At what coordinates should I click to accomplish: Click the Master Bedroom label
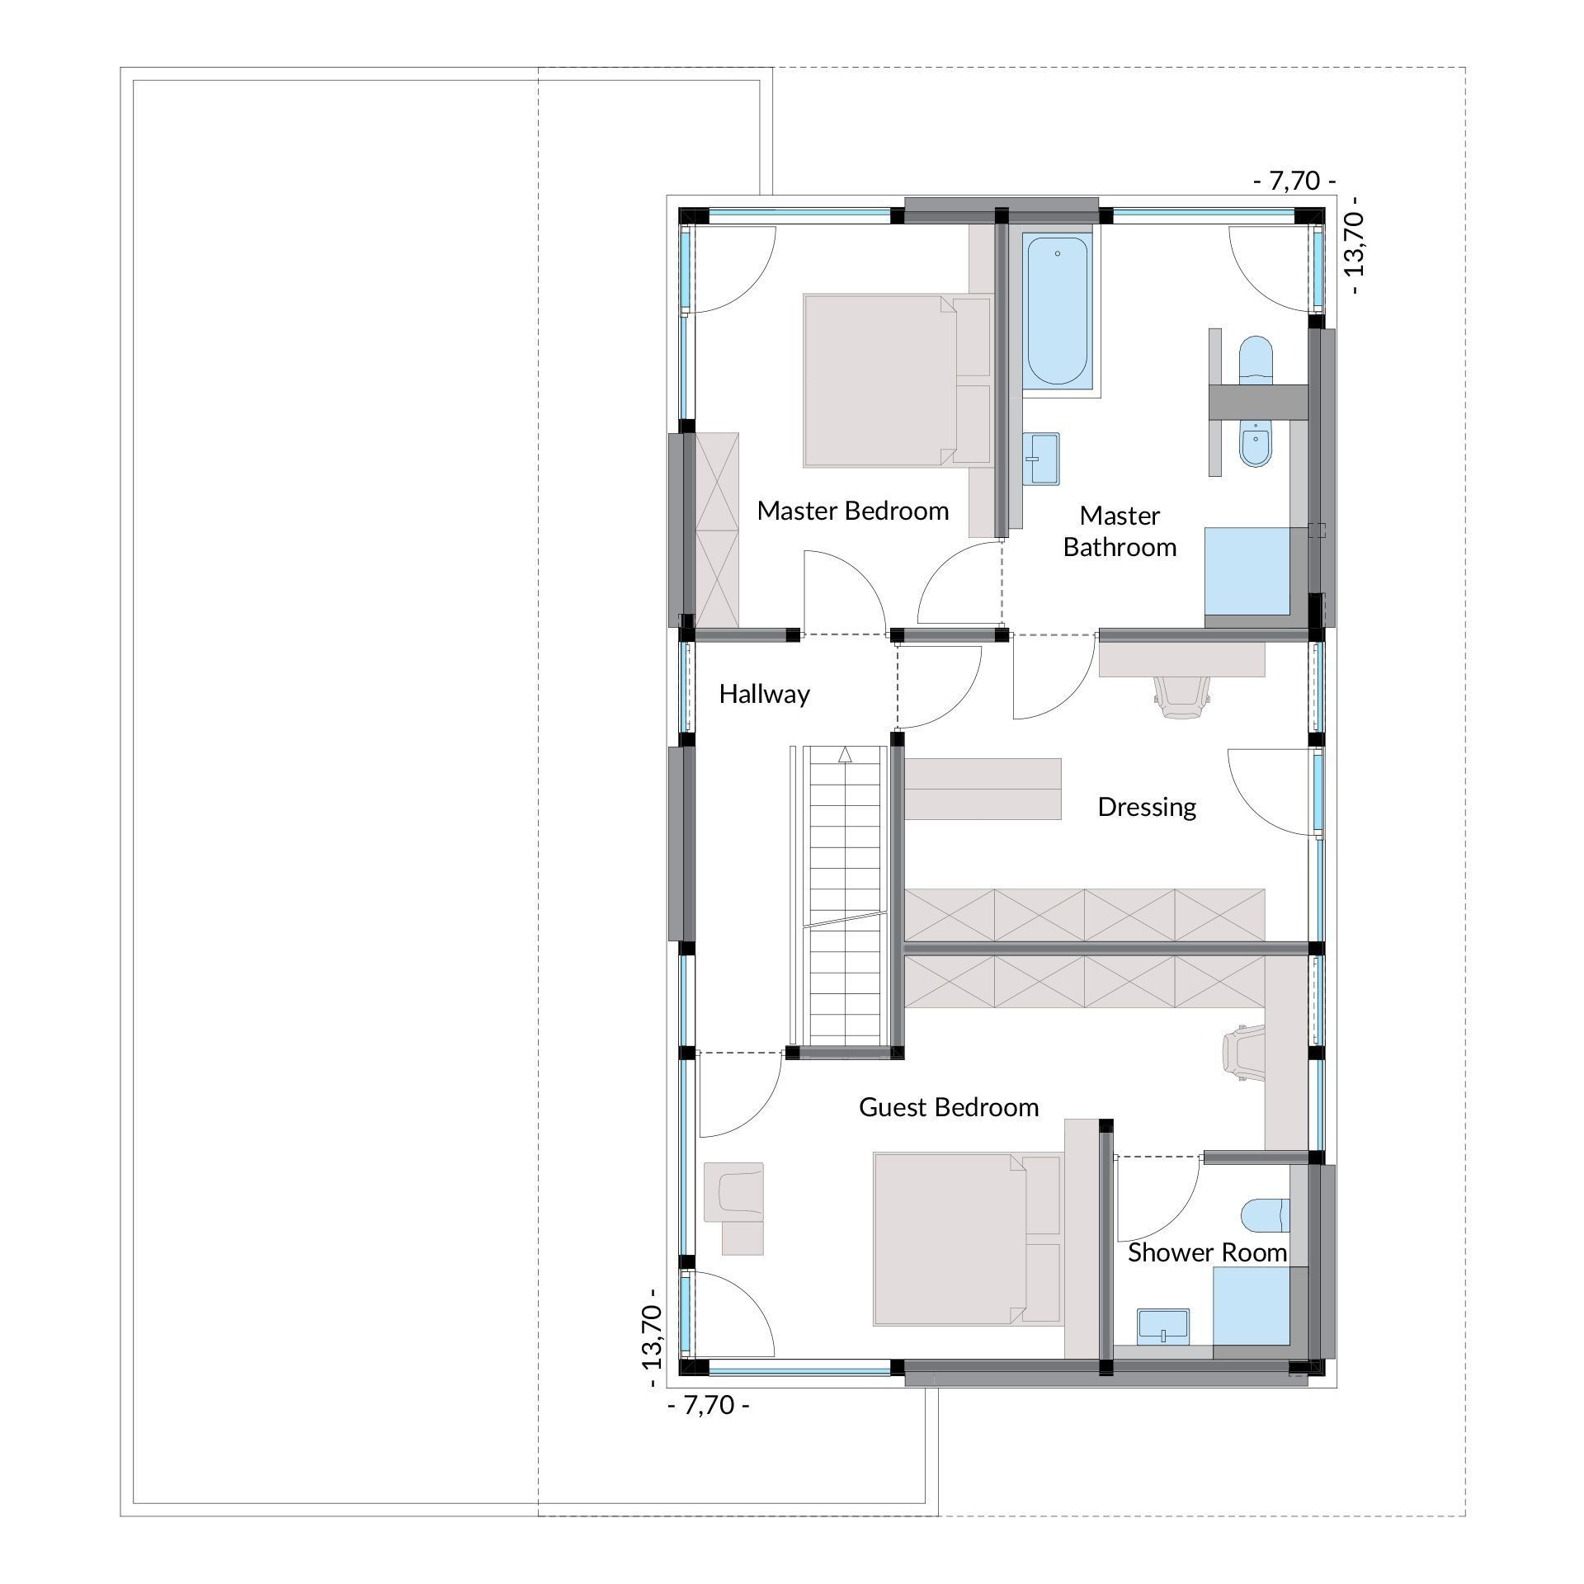[852, 511]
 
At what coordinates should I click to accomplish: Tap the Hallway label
[764, 695]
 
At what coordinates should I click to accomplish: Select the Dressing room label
[1147, 807]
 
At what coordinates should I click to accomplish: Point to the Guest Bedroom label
[949, 1107]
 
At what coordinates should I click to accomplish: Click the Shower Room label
[1207, 1252]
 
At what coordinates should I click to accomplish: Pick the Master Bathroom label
[1120, 531]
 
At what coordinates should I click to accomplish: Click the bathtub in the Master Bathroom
[1057, 311]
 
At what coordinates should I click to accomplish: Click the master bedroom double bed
[896, 381]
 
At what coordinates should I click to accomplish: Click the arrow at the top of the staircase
[844, 754]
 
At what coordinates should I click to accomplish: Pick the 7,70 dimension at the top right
[1294, 181]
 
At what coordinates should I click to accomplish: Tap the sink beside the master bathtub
[1043, 459]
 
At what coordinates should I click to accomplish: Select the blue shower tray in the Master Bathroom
[1247, 572]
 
